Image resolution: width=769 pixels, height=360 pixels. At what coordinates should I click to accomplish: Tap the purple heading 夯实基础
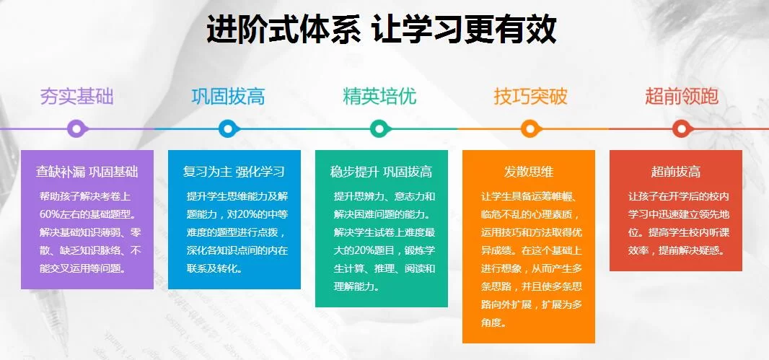[x=76, y=97]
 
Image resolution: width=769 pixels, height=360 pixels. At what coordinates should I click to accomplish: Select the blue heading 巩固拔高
[x=228, y=97]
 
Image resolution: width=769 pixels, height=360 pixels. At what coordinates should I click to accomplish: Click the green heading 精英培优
[x=379, y=97]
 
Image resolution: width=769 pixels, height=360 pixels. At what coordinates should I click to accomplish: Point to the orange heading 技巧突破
[x=531, y=97]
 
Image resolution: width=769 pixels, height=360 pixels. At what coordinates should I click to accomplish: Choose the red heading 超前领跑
[x=682, y=97]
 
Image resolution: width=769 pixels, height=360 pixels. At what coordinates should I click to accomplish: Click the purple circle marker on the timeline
[x=76, y=129]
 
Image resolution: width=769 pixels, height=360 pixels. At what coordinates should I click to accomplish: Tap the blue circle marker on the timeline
[x=228, y=129]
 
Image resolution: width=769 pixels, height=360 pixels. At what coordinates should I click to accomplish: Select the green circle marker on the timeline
[x=379, y=129]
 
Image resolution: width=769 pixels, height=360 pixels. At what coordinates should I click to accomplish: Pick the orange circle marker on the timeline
[x=530, y=129]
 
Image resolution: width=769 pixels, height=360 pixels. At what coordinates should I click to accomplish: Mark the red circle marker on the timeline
[x=681, y=129]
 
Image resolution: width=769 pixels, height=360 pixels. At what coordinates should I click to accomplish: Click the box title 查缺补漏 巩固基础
[x=87, y=172]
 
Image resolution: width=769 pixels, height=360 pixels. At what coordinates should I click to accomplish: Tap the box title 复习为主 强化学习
[x=234, y=172]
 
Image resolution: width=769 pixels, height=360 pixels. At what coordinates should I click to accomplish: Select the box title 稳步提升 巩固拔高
[x=381, y=172]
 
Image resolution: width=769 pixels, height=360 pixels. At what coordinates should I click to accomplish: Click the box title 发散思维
[x=529, y=172]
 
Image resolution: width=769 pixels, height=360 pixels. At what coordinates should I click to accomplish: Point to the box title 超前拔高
[x=676, y=172]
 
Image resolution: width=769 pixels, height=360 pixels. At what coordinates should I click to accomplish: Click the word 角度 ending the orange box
[x=491, y=323]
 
